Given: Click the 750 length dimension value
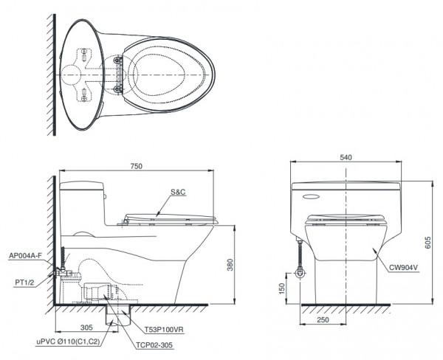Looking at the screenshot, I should (x=136, y=167).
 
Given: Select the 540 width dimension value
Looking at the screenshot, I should (x=346, y=157).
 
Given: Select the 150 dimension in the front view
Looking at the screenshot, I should (x=281, y=287).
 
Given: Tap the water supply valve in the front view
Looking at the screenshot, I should (x=298, y=274).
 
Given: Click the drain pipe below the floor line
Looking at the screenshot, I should (x=115, y=316).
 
